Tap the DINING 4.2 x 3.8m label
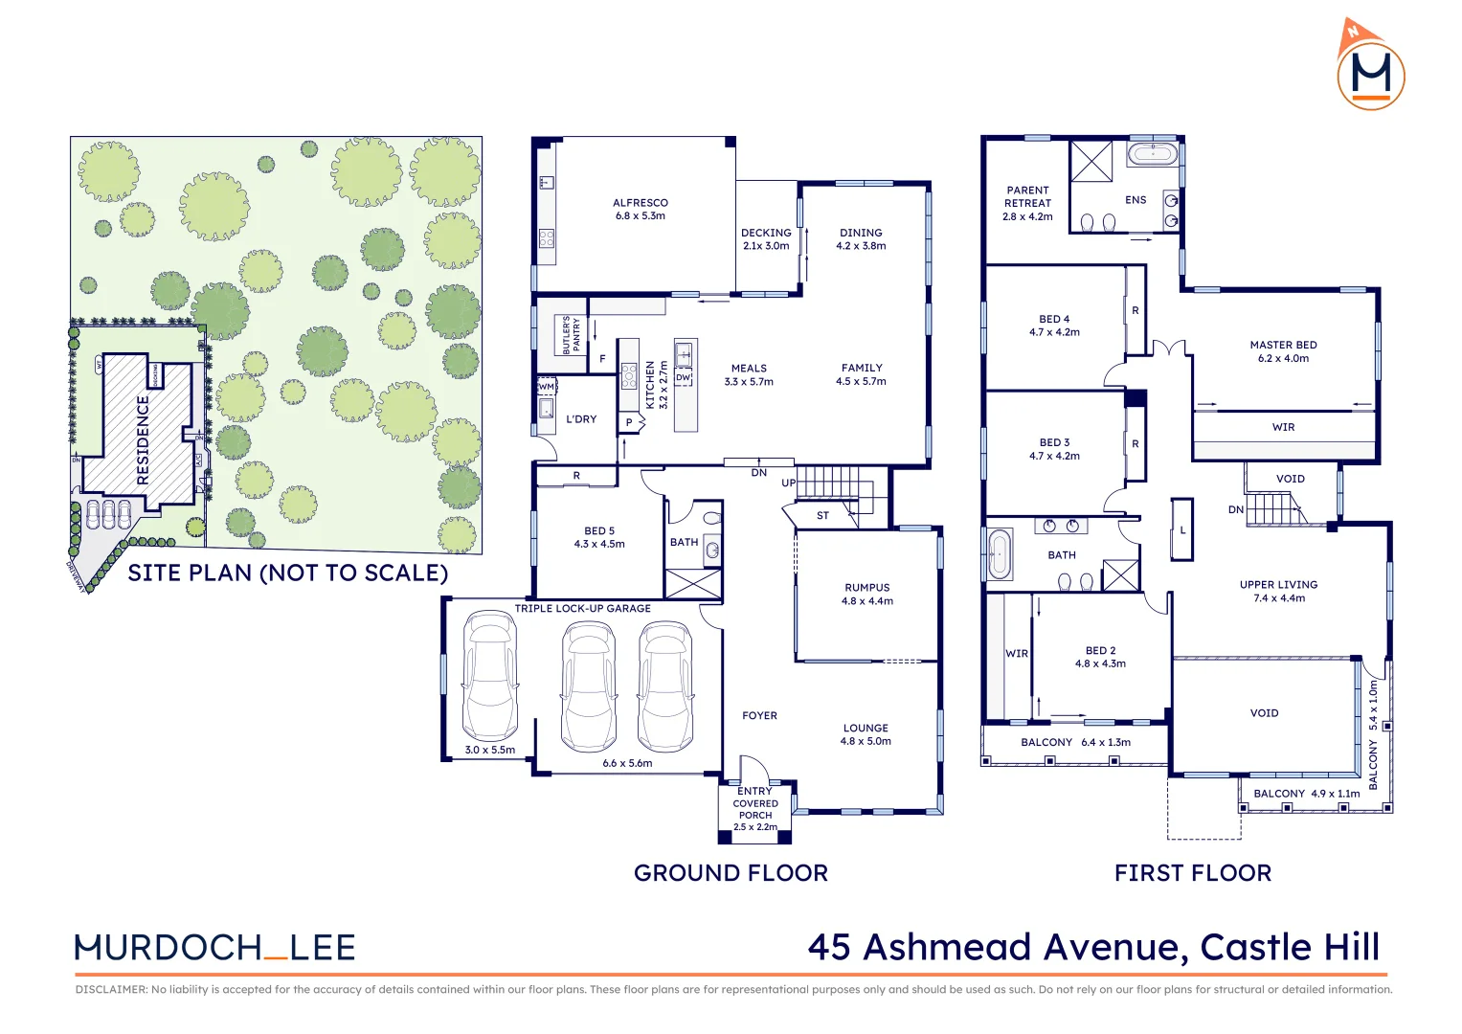(861, 239)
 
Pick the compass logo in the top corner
(1370, 66)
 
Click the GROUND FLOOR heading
(731, 873)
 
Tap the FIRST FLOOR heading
(1193, 873)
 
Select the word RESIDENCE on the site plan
(144, 440)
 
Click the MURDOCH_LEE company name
(215, 948)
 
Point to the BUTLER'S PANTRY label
(571, 335)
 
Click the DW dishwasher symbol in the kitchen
(683, 378)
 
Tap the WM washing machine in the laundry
(547, 387)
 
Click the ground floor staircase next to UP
(834, 483)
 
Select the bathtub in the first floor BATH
(999, 554)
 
